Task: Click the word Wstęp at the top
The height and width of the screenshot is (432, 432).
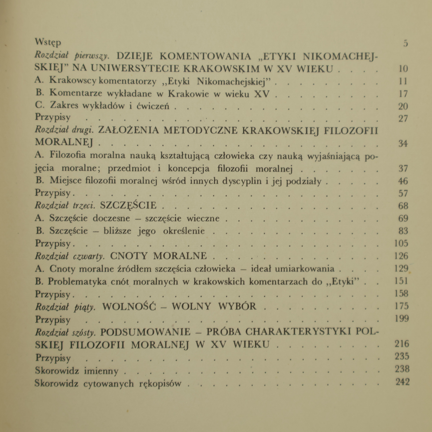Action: point(48,42)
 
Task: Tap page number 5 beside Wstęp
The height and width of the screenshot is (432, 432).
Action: point(405,43)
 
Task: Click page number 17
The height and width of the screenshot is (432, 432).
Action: point(403,94)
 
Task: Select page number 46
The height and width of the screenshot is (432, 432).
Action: point(403,181)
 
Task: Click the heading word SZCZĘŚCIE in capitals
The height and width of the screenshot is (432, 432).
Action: point(128,205)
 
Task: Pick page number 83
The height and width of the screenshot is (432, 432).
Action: point(403,231)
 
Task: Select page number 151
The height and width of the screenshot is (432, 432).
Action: point(401,281)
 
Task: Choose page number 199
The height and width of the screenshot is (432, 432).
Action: point(402,319)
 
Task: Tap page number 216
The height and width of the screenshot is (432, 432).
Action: point(402,344)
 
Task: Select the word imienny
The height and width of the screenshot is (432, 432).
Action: point(101,371)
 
